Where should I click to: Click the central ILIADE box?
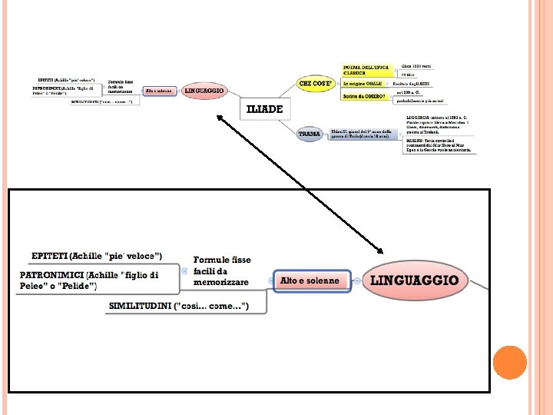pos(264,109)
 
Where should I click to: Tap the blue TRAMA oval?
pos(310,134)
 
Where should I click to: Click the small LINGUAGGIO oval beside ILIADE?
pos(205,91)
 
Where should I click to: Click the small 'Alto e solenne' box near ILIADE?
pos(159,91)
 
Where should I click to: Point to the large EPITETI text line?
pos(97,255)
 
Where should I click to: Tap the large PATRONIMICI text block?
pos(89,280)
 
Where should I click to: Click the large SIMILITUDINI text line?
pos(179,306)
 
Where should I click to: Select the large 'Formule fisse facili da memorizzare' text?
pos(222,271)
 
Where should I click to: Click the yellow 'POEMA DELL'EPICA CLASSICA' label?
pos(364,70)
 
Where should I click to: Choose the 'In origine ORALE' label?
pos(362,83)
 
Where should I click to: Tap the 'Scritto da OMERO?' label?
pos(363,96)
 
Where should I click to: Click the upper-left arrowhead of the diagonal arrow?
pos(219,117)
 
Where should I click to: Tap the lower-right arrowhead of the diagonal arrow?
pos(380,250)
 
